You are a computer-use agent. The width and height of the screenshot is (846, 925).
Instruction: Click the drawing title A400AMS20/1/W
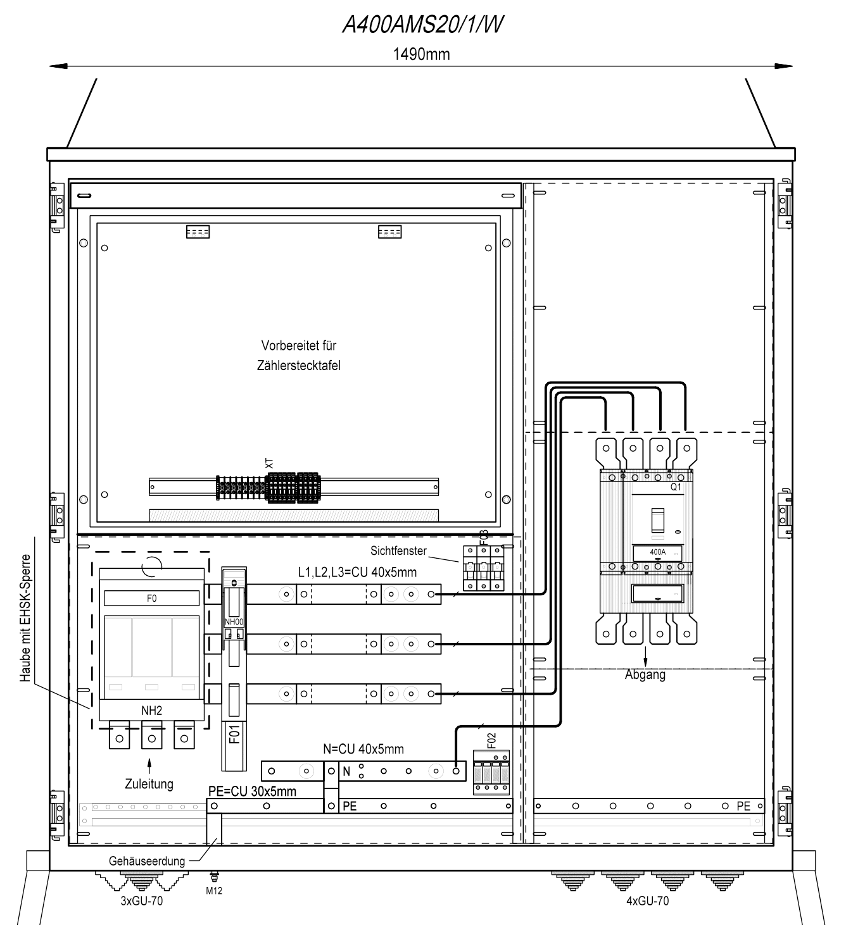422,25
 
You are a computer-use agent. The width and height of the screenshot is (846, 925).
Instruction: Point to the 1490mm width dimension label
421,54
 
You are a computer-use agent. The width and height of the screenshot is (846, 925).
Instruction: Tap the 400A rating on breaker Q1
658,552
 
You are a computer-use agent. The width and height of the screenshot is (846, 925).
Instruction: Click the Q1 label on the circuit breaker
676,487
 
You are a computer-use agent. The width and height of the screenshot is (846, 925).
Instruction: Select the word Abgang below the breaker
645,674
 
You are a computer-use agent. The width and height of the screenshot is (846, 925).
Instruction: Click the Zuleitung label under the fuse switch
149,784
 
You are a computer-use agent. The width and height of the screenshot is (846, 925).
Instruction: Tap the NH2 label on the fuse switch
152,711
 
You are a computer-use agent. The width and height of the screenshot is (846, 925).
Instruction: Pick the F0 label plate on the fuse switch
152,599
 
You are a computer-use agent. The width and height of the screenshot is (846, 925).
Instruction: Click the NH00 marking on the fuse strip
234,622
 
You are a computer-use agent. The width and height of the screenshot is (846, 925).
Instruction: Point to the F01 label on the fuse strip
234,734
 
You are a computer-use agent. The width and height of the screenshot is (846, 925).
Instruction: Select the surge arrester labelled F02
491,773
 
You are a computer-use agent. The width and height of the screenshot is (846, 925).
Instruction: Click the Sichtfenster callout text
399,550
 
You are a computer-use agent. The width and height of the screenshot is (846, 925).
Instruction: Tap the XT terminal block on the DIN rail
268,487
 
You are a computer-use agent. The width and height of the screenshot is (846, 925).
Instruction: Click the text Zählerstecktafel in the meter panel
299,366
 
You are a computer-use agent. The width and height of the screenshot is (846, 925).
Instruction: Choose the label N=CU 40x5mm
363,749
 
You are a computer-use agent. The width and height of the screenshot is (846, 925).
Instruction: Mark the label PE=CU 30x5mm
252,792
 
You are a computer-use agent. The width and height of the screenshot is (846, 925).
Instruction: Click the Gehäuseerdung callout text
147,861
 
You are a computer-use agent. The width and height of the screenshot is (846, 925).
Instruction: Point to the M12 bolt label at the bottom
214,891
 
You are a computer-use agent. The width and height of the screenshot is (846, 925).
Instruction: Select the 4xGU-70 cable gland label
648,900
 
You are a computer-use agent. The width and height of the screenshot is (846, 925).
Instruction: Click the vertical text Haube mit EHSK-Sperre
25,618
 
